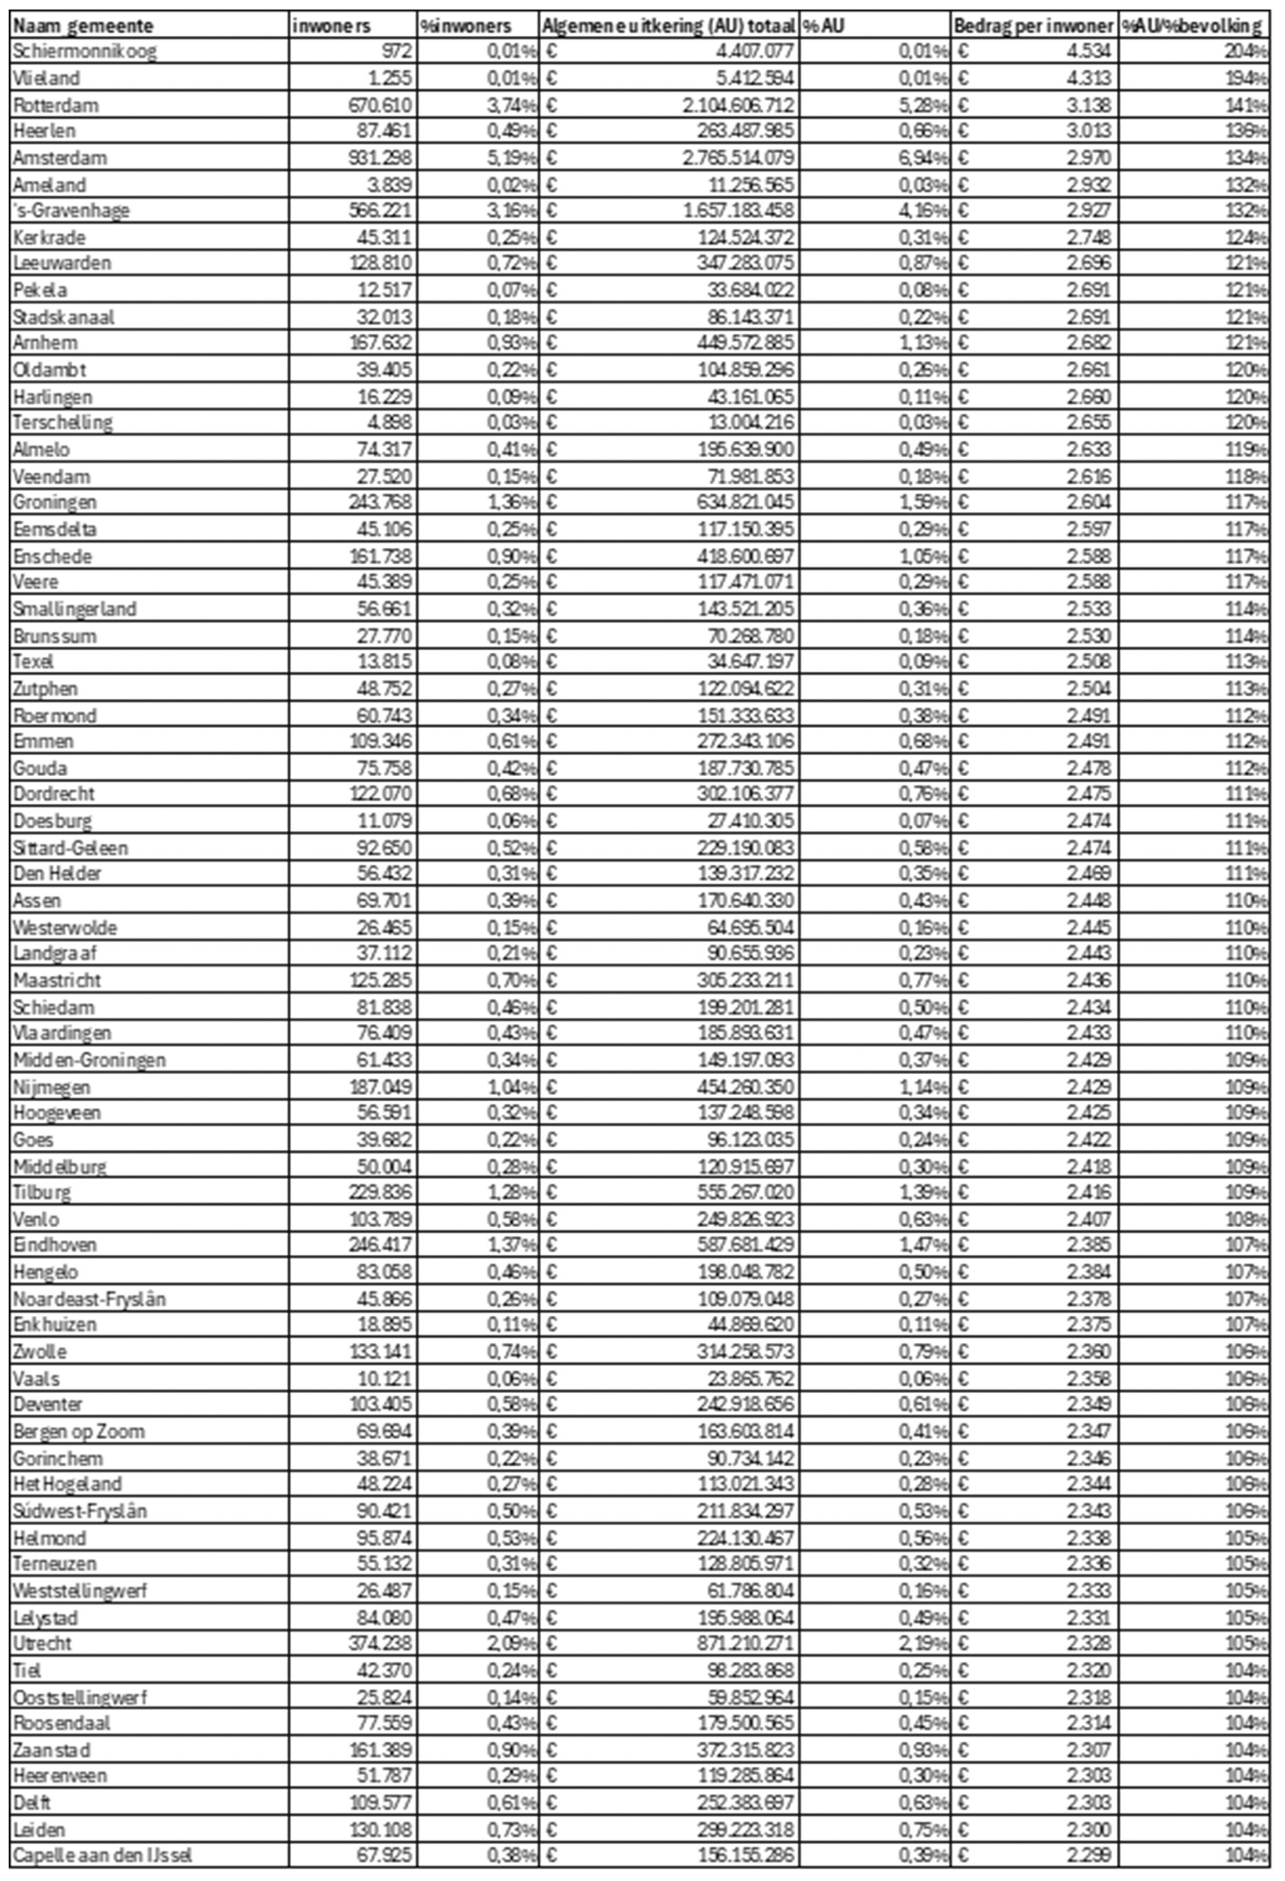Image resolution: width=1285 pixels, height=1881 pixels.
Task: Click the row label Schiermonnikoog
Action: click(84, 52)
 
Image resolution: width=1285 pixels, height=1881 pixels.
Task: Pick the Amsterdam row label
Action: click(60, 158)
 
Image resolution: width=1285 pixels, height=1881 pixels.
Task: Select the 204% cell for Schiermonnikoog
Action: click(1246, 52)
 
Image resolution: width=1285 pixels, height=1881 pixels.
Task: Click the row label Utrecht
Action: click(42, 1642)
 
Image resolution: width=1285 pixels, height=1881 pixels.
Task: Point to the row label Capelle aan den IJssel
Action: click(102, 1854)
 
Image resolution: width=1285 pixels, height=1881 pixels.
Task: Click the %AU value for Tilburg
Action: click(923, 1191)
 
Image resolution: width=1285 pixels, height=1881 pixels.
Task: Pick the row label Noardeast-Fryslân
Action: click(89, 1299)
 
